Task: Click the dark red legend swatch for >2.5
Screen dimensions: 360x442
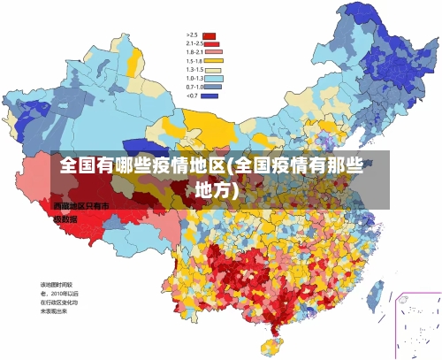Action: tap(210, 35)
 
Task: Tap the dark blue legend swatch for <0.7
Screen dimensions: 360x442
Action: tap(210, 96)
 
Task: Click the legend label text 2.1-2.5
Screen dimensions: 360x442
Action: tap(194, 43)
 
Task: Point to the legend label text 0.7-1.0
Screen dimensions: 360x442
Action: tap(194, 87)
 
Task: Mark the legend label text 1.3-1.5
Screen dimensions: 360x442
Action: tap(194, 69)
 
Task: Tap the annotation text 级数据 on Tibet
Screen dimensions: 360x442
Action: tap(65, 218)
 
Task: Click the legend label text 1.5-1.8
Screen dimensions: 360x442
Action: tap(194, 60)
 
